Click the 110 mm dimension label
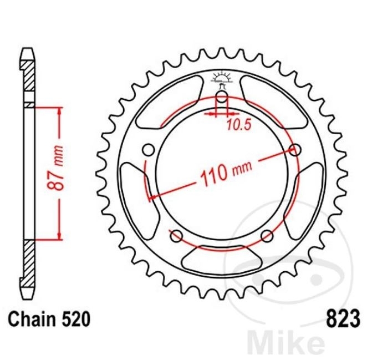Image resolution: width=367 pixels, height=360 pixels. point(226,173)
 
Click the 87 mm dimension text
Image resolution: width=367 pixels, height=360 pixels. point(55,168)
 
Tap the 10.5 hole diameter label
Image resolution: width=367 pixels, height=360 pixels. point(239,125)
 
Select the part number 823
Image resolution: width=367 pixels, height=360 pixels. point(343,318)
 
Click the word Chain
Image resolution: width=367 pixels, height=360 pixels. point(32,319)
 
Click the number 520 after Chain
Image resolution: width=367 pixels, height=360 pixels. point(75,319)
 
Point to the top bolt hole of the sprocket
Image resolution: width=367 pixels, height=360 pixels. point(222,97)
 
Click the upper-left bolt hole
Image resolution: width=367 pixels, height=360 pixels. point(149,150)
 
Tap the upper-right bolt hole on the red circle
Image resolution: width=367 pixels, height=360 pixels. point(295,150)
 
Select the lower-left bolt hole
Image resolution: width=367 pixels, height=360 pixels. point(176,236)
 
